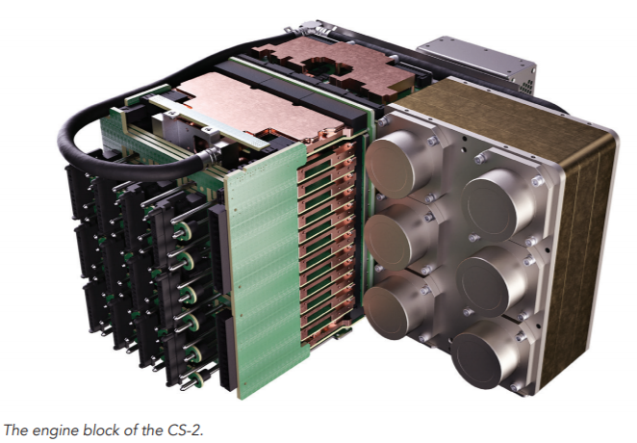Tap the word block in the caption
point(100,430)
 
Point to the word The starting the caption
point(15,430)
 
